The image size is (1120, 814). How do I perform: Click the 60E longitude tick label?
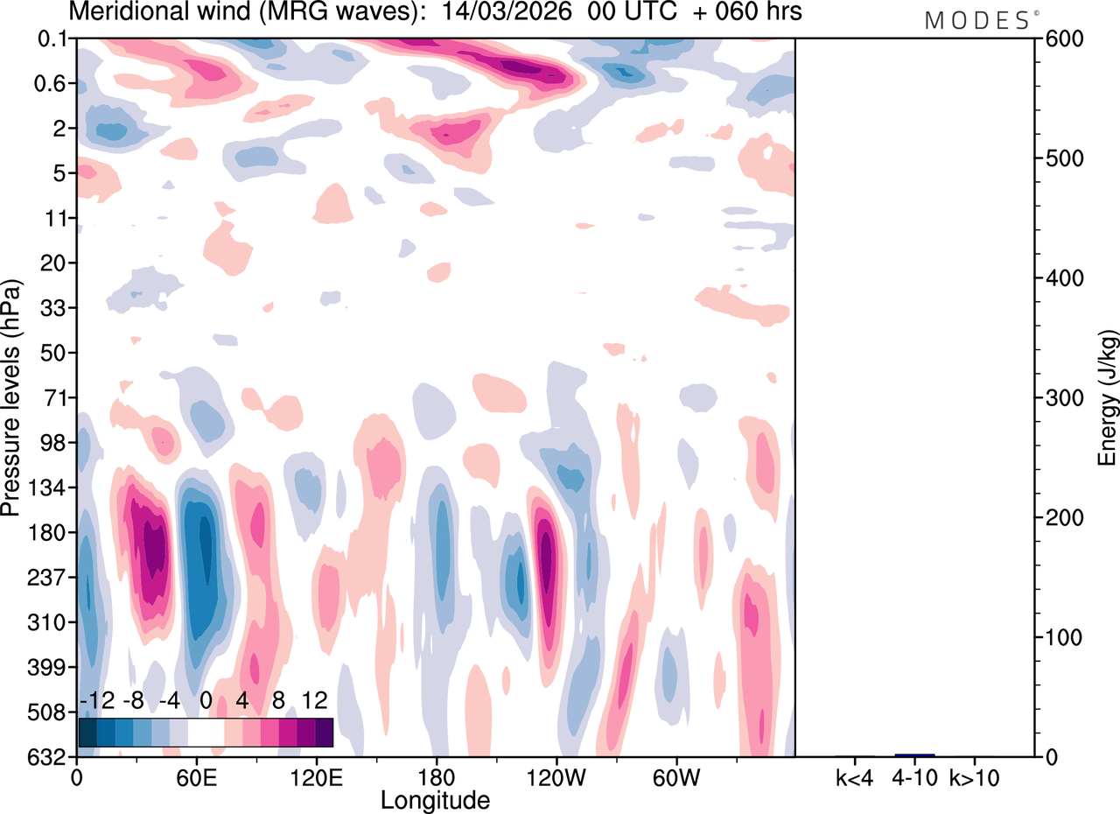click(196, 776)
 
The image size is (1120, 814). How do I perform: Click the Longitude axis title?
click(435, 799)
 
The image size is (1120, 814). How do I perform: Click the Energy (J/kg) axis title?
click(1107, 398)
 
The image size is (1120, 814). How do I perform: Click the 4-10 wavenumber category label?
click(914, 776)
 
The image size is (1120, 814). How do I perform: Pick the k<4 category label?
click(855, 776)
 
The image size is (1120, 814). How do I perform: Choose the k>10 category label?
click(975, 776)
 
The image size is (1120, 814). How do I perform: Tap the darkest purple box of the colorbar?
click(324, 732)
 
